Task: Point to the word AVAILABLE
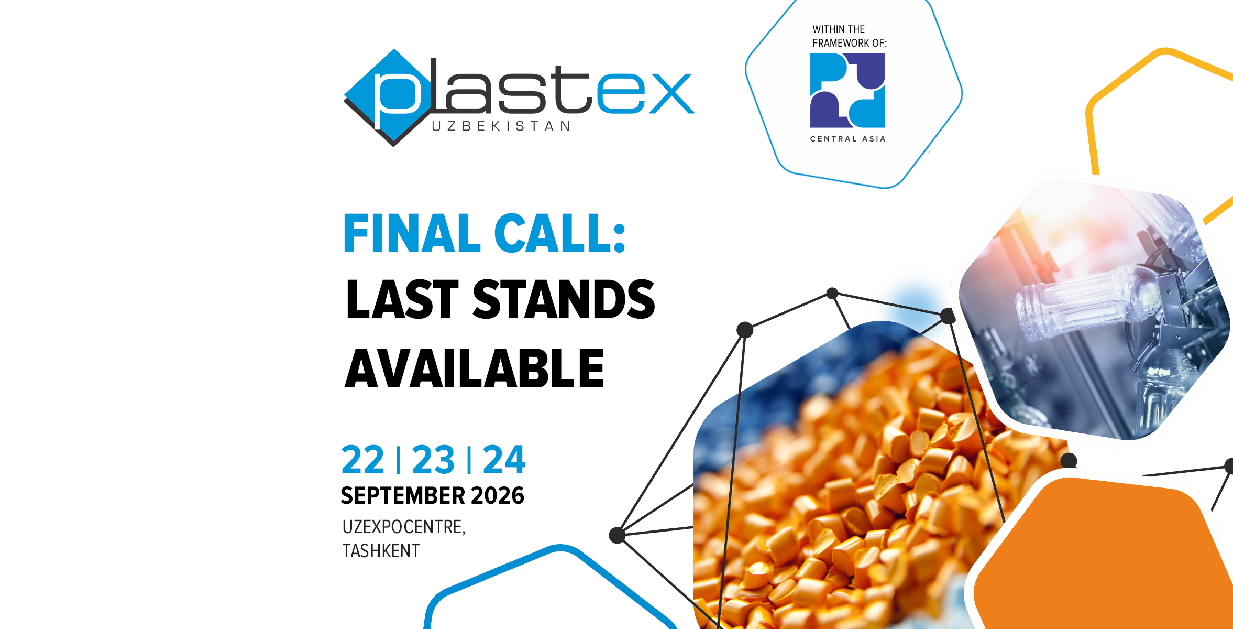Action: (x=475, y=368)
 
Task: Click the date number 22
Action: (x=363, y=460)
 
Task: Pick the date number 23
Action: (x=433, y=460)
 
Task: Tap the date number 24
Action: (x=504, y=460)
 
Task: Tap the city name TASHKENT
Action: (x=381, y=551)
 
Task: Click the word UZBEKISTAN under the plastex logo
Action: (x=501, y=126)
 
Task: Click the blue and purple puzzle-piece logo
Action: (x=847, y=90)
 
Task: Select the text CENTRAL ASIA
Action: (x=847, y=139)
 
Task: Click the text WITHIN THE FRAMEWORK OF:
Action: (x=850, y=36)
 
